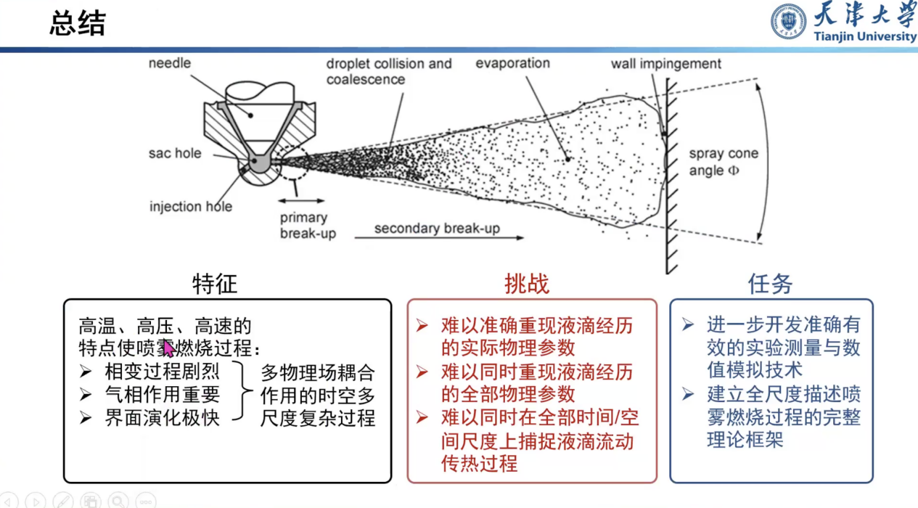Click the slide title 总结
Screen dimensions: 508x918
[77, 24]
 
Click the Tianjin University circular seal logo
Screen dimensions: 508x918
[788, 22]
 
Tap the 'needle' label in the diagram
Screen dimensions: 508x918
[170, 63]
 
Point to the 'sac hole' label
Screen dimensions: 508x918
[175, 154]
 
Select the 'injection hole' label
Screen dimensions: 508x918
[191, 207]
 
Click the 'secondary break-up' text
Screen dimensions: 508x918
[437, 229]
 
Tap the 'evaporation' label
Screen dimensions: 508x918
[512, 63]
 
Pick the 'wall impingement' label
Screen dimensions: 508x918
[665, 64]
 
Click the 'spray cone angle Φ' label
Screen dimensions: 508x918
[723, 162]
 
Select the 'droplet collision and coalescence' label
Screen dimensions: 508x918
[388, 71]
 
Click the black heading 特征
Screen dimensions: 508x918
[215, 283]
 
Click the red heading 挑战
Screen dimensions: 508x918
[527, 284]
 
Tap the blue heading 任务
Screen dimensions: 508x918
[770, 284]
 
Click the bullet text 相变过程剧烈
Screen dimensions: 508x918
[162, 372]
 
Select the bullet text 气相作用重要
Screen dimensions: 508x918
[162, 395]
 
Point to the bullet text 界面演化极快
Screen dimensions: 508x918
[162, 418]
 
